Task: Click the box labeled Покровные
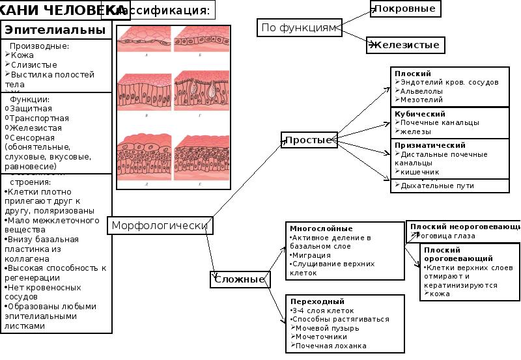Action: [x=405, y=8]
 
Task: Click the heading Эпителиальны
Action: [x=55, y=30]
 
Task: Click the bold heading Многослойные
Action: [x=321, y=229]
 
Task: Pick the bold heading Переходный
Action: [x=317, y=302]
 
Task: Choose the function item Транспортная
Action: [x=39, y=118]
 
